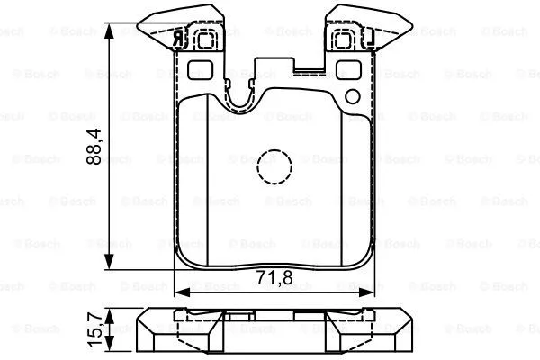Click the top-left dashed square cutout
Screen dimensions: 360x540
coord(206,40)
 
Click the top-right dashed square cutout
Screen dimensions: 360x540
coord(344,40)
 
